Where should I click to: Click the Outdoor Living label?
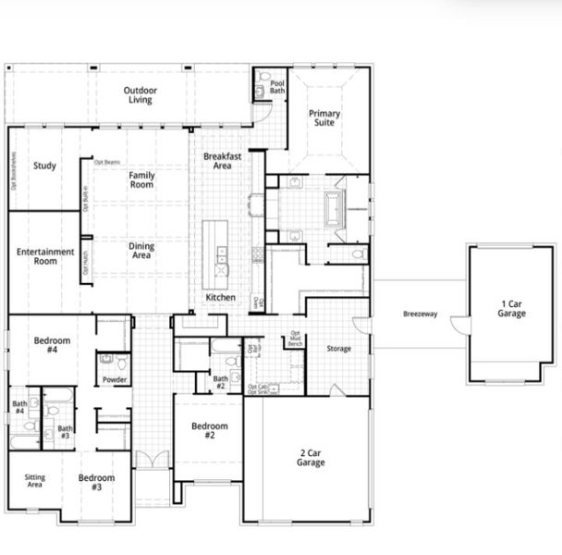click(x=141, y=95)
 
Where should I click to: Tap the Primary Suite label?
click(x=324, y=119)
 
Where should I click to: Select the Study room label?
click(x=44, y=166)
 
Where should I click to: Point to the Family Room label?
click(x=141, y=180)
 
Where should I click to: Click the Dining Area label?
click(x=140, y=251)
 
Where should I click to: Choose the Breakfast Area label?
click(x=222, y=161)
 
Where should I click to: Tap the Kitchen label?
click(x=220, y=298)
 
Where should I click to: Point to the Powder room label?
click(x=115, y=379)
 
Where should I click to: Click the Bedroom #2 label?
click(x=210, y=430)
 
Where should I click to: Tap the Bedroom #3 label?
click(x=96, y=483)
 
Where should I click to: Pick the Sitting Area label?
click(x=34, y=480)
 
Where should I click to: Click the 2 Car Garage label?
click(x=311, y=457)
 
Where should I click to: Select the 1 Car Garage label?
click(x=511, y=309)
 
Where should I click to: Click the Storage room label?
click(x=339, y=349)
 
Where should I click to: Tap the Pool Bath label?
click(x=277, y=88)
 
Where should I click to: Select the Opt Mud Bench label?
click(x=296, y=338)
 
